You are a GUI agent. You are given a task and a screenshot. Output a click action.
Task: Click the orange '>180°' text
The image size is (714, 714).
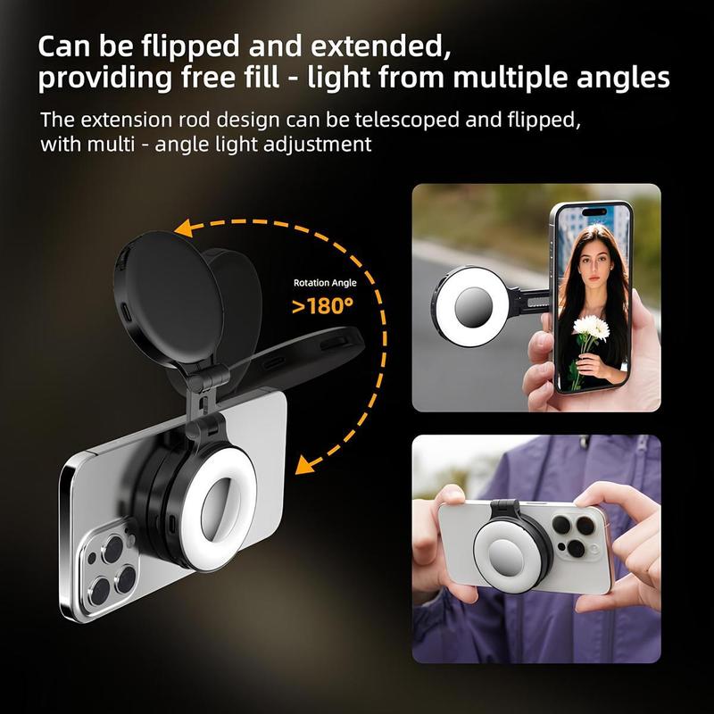[323, 307]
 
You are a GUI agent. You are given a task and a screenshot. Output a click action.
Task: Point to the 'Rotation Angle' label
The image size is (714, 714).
[325, 283]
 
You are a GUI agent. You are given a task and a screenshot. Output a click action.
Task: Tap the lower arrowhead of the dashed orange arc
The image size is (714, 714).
[309, 463]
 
